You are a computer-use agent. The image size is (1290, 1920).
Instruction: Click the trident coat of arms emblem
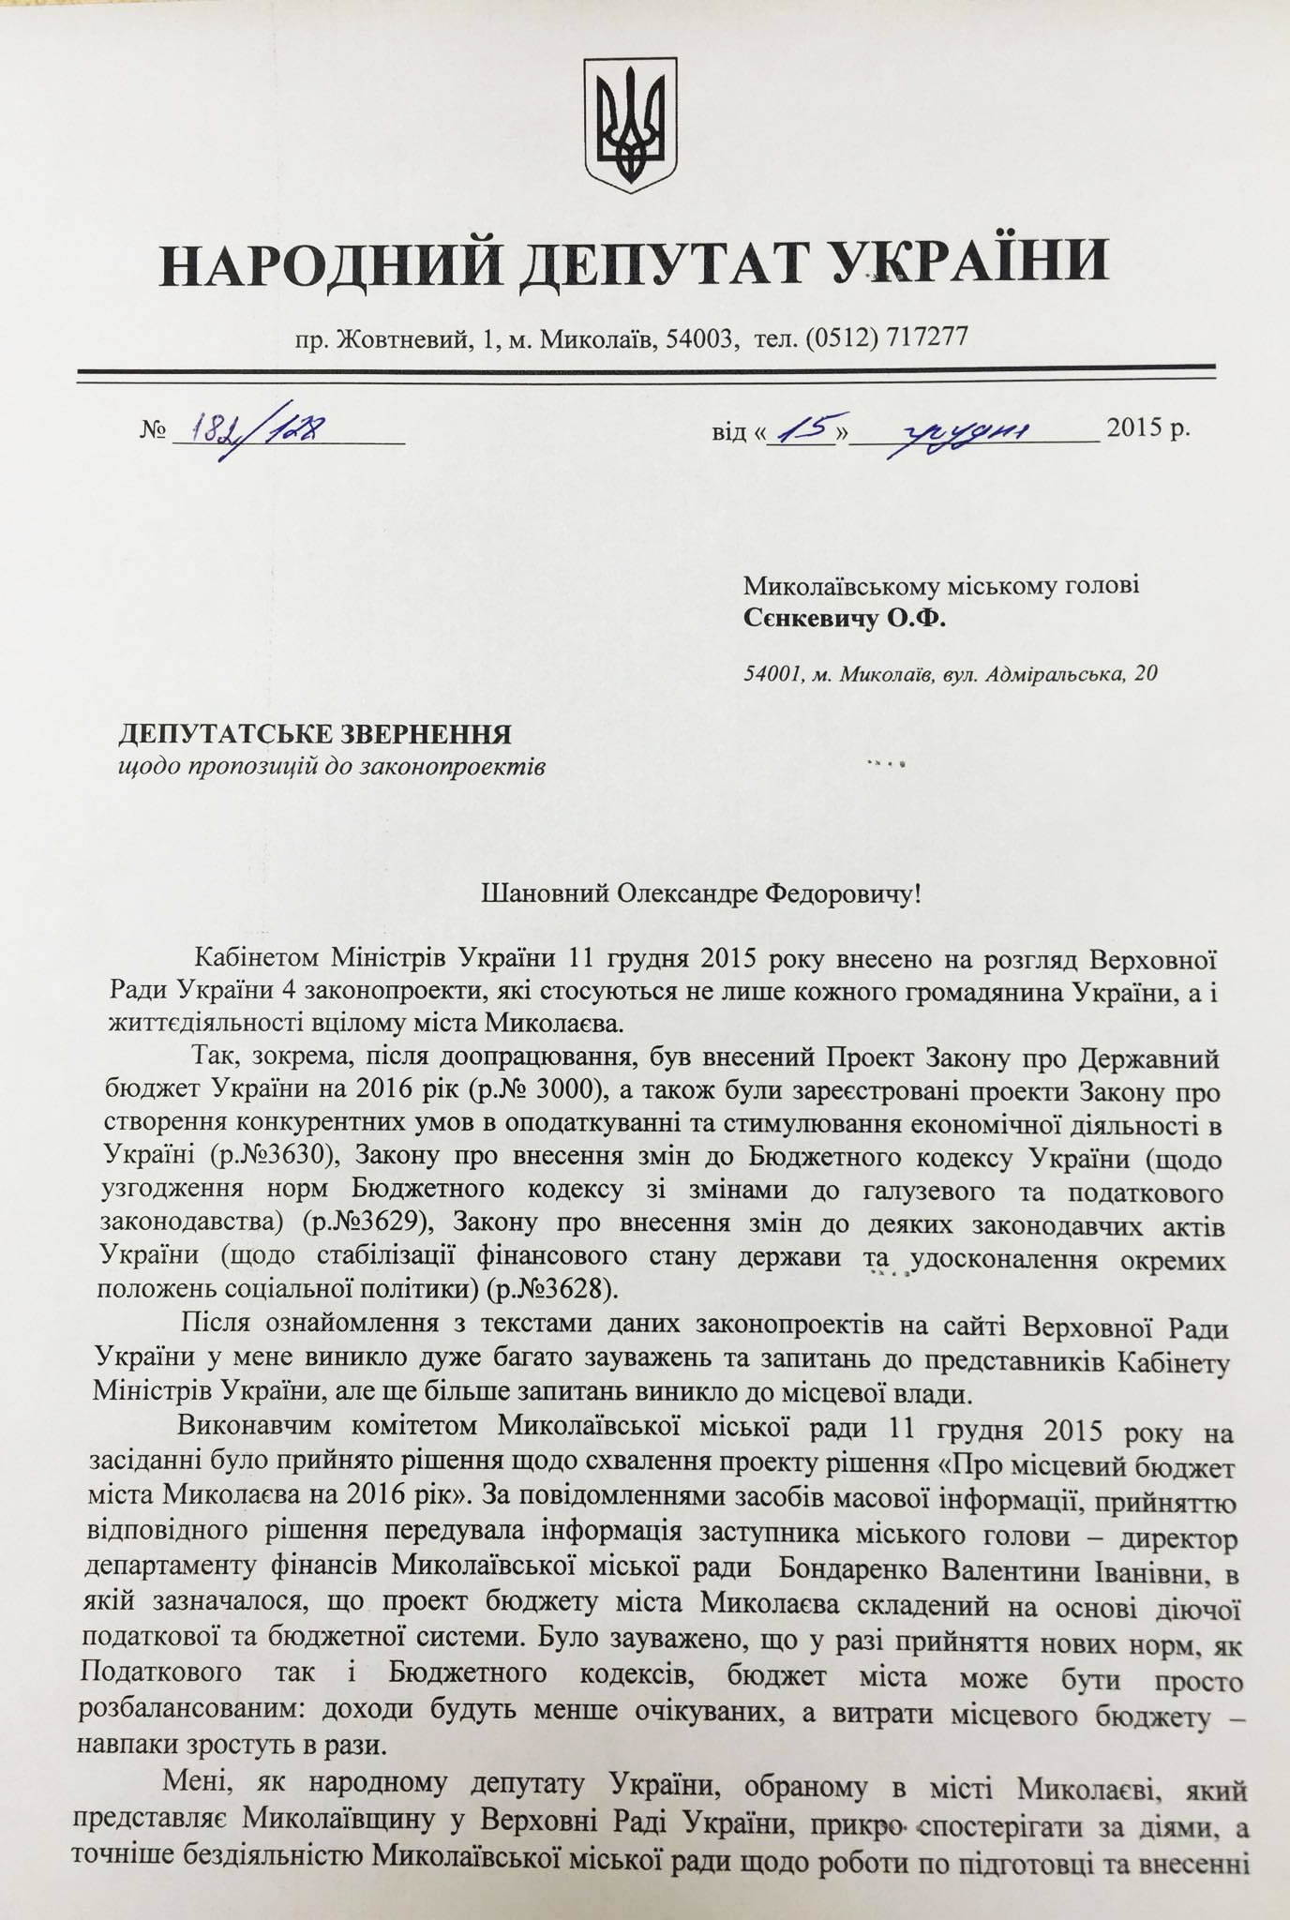pos(630,123)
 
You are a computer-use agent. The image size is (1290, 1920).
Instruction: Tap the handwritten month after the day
pos(966,431)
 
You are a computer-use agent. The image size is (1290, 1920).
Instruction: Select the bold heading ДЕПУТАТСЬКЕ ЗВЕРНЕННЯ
pos(314,733)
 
